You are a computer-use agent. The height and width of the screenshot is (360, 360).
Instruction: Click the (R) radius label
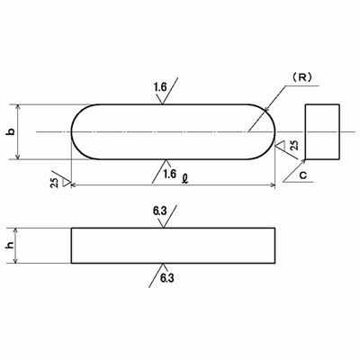[x=301, y=77]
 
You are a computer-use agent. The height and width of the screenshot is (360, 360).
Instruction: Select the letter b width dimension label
[x=11, y=131]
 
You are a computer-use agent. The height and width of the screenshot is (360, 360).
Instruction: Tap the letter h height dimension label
[x=11, y=246]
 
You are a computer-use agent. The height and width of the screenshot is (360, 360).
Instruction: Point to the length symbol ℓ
[x=185, y=179]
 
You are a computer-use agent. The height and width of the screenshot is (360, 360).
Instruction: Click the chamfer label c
[x=303, y=175]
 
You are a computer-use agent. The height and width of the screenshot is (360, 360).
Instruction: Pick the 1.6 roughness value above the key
[x=160, y=87]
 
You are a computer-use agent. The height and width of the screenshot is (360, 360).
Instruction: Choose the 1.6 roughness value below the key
[x=170, y=174]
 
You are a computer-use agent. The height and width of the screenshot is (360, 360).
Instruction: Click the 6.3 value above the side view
[x=159, y=211]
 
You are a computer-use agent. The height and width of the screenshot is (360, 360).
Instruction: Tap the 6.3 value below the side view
[x=167, y=278]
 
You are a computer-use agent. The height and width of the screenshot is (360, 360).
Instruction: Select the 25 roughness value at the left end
[x=55, y=183]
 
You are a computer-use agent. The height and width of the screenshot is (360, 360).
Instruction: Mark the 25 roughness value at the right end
[x=294, y=145]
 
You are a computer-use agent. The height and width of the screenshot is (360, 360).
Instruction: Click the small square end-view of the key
[x=322, y=131]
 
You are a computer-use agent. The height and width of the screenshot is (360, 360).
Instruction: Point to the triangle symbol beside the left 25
[x=66, y=183]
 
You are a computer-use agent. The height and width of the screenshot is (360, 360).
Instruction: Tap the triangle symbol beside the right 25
[x=281, y=145]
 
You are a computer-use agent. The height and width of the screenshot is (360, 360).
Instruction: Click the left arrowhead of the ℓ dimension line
[x=74, y=185]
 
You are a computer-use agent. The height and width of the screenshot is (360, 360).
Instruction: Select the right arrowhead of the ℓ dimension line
[x=273, y=185]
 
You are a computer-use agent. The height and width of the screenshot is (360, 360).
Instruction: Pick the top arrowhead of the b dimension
[x=18, y=107]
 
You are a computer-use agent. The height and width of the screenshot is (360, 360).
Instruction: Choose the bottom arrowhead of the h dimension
[x=16, y=261]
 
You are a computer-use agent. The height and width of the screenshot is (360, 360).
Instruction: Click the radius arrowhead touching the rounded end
[x=265, y=111]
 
